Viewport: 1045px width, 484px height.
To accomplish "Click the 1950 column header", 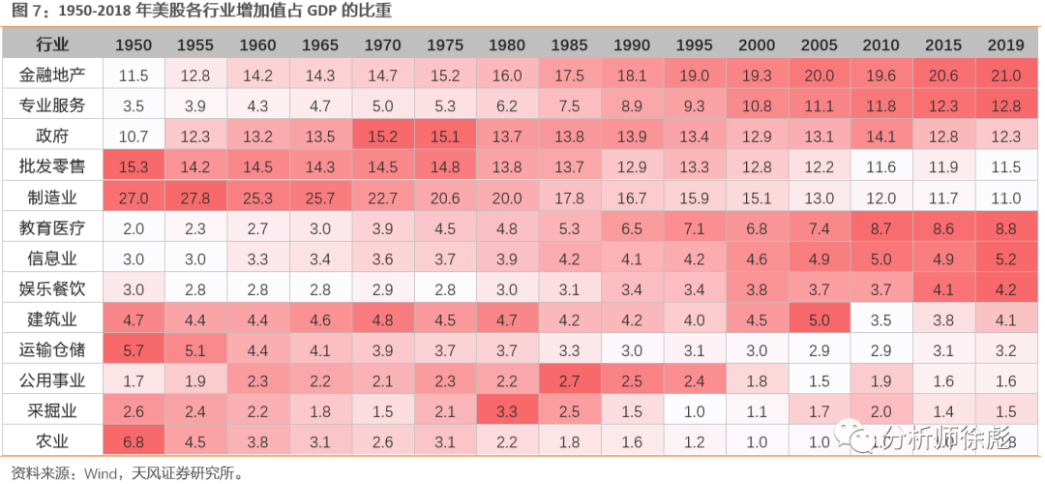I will click(x=134, y=45).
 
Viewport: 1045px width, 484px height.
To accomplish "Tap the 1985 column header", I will click(x=569, y=45).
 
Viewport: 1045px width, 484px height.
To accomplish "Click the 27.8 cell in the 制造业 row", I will click(x=195, y=198).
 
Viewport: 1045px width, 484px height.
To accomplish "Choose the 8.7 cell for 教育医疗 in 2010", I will click(x=881, y=229).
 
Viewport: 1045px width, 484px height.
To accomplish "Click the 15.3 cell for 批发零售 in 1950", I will click(x=134, y=167).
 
